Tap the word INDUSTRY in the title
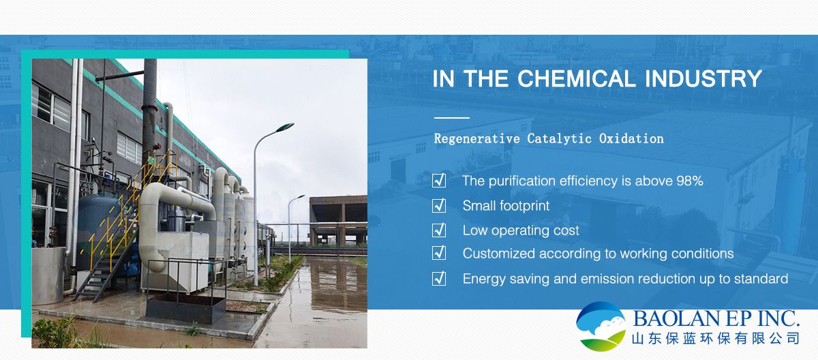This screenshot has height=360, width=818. (703, 78)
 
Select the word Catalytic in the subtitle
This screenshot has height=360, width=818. (560, 138)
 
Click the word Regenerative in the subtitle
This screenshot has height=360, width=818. (477, 138)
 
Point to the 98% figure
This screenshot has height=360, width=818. (690, 181)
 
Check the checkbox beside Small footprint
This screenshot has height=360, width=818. (439, 205)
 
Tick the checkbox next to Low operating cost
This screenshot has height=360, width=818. (439, 230)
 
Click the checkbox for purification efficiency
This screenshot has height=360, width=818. (439, 181)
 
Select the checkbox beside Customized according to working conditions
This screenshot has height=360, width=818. (439, 253)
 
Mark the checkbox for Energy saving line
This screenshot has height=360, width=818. (439, 279)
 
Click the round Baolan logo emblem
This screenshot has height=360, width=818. (601, 326)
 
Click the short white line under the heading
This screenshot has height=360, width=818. (452, 117)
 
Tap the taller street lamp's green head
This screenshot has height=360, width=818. (284, 127)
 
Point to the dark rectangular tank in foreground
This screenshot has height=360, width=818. (185, 308)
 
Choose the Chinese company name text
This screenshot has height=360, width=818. (716, 338)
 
